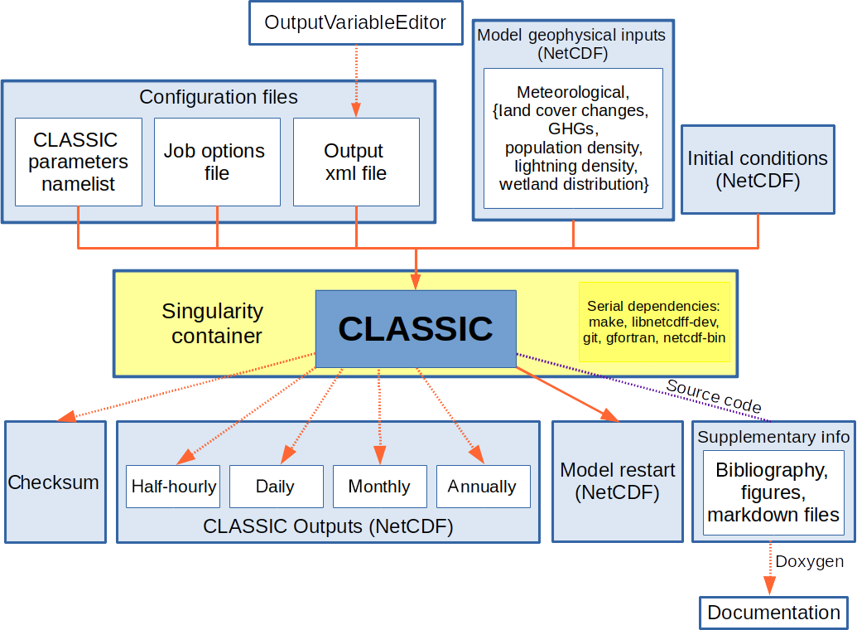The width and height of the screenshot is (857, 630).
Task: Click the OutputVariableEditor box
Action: (355, 22)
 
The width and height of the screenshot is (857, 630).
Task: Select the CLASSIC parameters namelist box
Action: (79, 162)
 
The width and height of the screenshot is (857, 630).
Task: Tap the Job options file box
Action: (214, 162)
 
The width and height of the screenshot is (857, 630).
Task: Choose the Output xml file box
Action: (355, 162)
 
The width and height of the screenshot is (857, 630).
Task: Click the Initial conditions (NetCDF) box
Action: (757, 169)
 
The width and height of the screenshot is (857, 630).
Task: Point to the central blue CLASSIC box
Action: (416, 329)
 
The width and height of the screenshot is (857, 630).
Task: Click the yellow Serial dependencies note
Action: (653, 321)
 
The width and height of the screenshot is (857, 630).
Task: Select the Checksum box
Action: (55, 482)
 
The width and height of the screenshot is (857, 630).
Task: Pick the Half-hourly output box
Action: (173, 487)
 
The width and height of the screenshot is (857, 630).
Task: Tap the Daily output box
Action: (276, 487)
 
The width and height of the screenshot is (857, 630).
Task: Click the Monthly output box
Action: (379, 487)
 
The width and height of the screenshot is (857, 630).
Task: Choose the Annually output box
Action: (483, 487)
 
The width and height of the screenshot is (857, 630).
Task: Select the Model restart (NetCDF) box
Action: (617, 482)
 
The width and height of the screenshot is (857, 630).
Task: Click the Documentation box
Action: (773, 613)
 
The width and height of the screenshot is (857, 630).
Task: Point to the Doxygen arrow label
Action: (809, 561)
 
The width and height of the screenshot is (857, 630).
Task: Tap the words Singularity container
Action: (212, 323)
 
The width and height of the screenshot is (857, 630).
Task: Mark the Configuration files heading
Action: (219, 97)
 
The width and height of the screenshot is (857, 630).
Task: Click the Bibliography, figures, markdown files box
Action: (773, 492)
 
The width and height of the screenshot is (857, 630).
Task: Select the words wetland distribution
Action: (573, 184)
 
